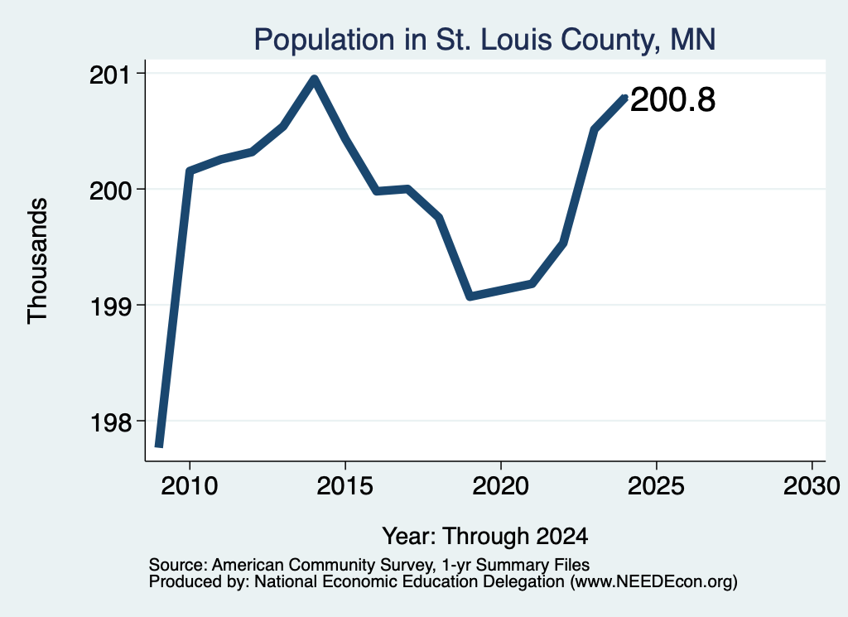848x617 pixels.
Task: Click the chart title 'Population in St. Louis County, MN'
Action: click(x=484, y=40)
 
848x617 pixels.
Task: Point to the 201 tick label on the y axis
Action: click(x=110, y=75)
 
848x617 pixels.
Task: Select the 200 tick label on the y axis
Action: click(x=110, y=190)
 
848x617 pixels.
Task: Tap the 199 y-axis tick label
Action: click(x=110, y=307)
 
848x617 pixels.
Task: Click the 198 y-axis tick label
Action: click(x=110, y=423)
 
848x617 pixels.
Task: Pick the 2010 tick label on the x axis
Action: click(x=190, y=486)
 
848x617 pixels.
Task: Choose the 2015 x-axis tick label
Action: click(x=345, y=486)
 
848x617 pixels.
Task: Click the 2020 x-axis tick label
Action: click(x=501, y=486)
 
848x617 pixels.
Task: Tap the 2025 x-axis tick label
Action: click(x=656, y=486)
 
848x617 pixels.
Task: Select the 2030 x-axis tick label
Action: click(x=812, y=486)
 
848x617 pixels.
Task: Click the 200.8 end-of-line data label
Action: click(x=672, y=100)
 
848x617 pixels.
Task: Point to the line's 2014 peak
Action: click(x=314, y=80)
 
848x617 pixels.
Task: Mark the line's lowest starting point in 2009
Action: click(x=159, y=445)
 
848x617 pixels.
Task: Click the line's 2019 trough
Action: click(x=470, y=296)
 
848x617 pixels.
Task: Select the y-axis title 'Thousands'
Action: click(x=37, y=261)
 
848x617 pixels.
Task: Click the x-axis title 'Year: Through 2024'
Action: click(x=485, y=536)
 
